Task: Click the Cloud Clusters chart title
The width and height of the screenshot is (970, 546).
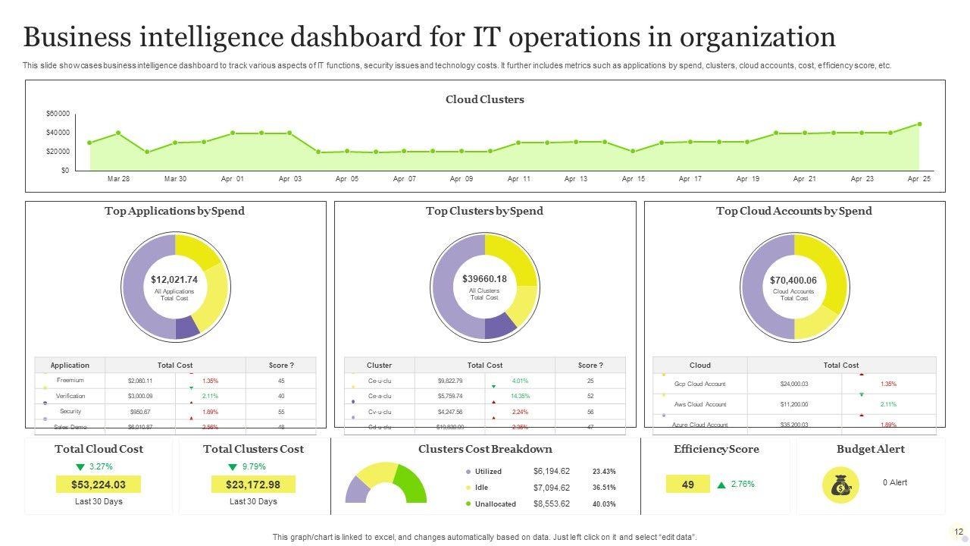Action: click(484, 99)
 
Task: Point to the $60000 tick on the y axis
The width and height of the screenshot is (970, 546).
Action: click(58, 114)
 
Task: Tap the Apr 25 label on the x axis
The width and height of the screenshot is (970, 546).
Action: click(918, 179)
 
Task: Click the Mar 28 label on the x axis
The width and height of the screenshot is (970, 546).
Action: click(118, 179)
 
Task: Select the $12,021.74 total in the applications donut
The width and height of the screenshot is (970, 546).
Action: click(174, 280)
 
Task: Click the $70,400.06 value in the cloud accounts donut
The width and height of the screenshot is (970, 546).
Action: click(793, 281)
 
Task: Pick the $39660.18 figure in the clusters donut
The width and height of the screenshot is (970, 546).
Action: click(484, 279)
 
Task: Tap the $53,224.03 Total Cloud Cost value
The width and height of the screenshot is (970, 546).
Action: click(99, 485)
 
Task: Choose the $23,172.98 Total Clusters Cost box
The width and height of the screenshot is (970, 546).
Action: click(253, 485)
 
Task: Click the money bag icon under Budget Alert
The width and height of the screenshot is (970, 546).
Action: click(840, 485)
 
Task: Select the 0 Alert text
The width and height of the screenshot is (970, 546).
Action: click(894, 482)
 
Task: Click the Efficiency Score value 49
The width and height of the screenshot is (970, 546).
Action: click(688, 484)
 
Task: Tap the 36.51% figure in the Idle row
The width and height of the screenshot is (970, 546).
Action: click(604, 488)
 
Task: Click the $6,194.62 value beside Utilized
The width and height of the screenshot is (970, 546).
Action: click(551, 471)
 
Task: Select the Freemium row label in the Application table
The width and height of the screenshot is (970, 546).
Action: click(70, 380)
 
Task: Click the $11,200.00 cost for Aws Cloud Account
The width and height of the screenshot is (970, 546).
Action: click(794, 404)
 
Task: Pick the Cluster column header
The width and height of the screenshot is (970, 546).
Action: click(379, 365)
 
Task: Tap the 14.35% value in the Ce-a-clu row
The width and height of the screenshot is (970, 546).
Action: click(520, 396)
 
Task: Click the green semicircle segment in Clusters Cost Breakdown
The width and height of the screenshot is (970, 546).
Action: click(411, 483)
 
